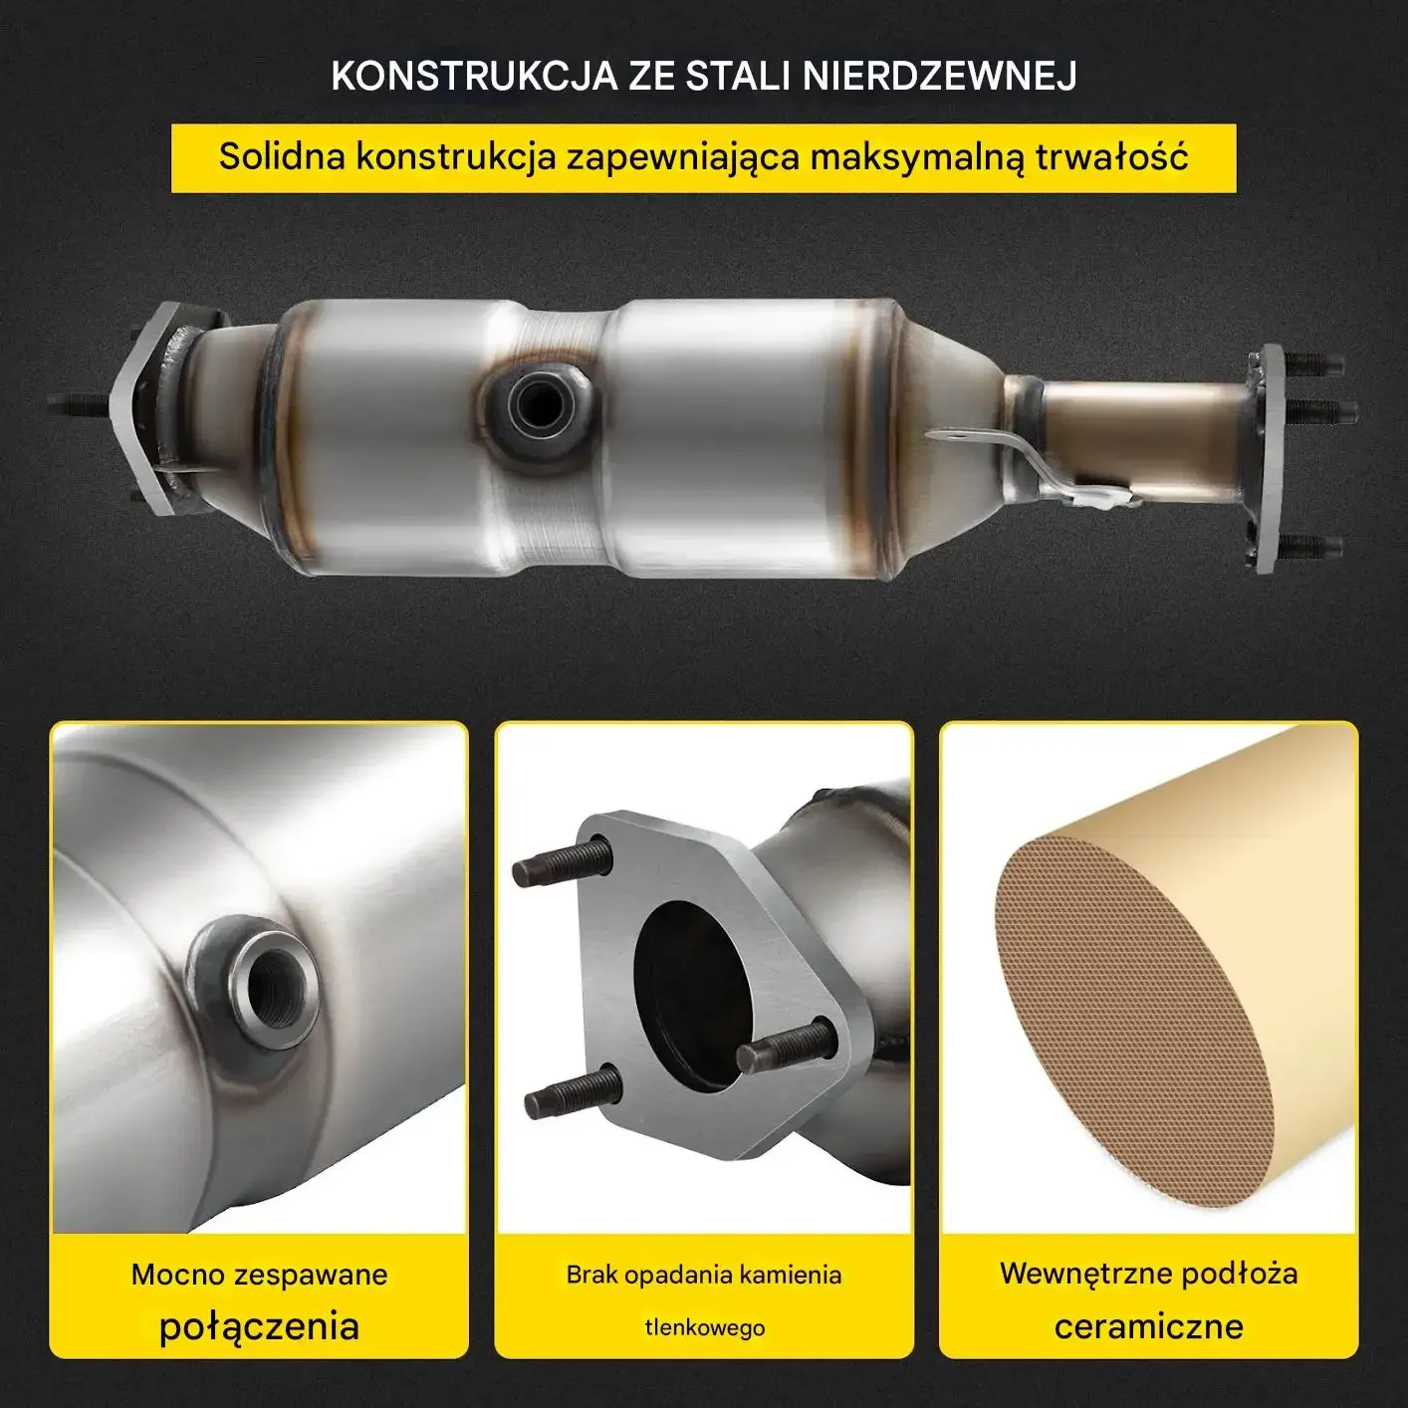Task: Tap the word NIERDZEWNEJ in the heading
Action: pyautogui.click(x=940, y=76)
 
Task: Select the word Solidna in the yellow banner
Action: pyautogui.click(x=282, y=156)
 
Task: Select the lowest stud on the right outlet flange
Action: pyautogui.click(x=1311, y=545)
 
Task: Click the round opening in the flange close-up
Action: pyautogui.click(x=693, y=996)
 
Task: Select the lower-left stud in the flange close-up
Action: pyautogui.click(x=573, y=1093)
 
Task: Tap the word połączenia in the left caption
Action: pyautogui.click(x=259, y=1325)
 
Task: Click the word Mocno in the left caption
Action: pyautogui.click(x=177, y=1275)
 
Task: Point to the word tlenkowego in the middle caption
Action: pyautogui.click(x=704, y=1327)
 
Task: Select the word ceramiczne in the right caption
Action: pyautogui.click(x=1149, y=1325)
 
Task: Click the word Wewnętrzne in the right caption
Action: pyautogui.click(x=1084, y=1275)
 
